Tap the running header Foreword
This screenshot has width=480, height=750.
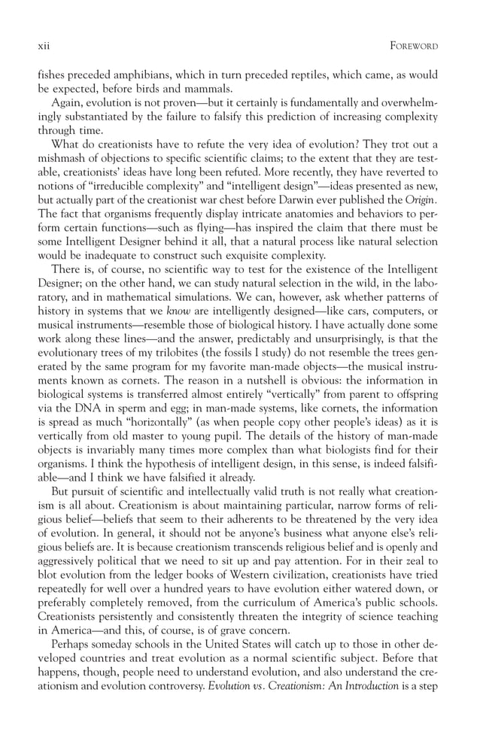coord(412,46)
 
